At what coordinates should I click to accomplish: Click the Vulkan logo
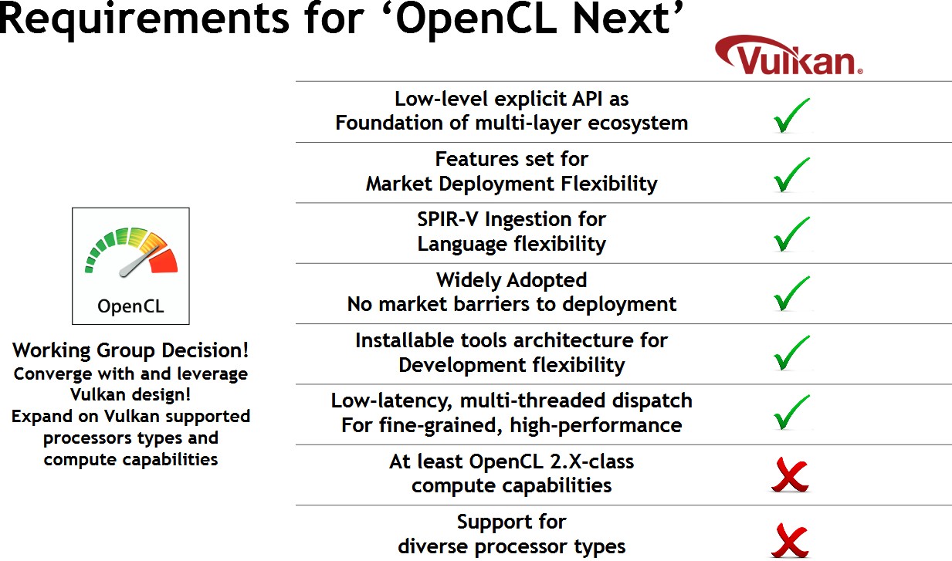789,56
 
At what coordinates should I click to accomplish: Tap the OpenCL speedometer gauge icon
131,252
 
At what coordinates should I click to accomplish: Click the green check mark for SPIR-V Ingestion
791,234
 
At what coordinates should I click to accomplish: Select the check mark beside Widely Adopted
791,293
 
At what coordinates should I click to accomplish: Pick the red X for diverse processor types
791,540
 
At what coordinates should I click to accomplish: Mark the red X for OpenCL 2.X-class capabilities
791,475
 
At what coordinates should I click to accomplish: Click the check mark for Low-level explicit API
791,115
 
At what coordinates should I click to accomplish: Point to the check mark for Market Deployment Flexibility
791,174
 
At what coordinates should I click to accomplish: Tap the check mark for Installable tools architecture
791,353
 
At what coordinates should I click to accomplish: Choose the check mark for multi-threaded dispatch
791,412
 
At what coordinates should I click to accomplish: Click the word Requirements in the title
144,19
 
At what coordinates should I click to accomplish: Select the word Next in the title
622,19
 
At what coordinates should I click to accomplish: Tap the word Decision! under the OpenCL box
205,351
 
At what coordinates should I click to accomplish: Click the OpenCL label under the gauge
130,306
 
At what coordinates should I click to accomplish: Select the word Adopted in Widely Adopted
547,281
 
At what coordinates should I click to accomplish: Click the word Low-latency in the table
391,401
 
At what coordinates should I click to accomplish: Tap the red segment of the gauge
165,261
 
